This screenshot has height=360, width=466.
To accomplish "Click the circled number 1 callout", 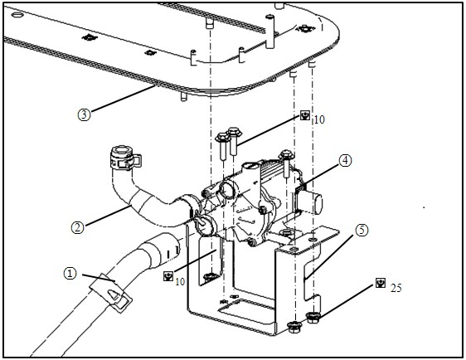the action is click(70, 273).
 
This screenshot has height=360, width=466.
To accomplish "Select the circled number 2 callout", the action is click(78, 227).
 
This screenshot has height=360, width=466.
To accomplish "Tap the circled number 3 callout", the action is click(84, 114).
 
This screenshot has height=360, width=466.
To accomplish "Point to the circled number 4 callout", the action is click(345, 161).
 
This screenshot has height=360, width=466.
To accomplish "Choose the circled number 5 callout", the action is click(362, 230).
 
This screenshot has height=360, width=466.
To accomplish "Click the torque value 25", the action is click(396, 288).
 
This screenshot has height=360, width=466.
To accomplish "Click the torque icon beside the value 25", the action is click(381, 283).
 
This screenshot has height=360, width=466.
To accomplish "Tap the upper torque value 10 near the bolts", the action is click(319, 119).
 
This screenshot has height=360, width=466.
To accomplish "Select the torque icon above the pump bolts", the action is click(305, 115).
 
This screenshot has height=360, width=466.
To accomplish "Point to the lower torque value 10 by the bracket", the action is click(180, 281).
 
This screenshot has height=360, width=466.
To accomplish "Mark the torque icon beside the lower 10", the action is click(168, 276).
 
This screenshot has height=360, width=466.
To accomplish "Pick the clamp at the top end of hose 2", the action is click(125, 158).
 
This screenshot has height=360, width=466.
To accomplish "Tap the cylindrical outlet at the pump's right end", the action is click(312, 202).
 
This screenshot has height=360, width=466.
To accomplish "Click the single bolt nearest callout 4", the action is click(286, 163).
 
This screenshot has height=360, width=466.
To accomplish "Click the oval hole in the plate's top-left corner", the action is click(18, 15).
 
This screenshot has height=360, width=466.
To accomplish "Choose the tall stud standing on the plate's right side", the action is click(269, 32).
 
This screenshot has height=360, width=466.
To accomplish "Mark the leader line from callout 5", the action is click(328, 257).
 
